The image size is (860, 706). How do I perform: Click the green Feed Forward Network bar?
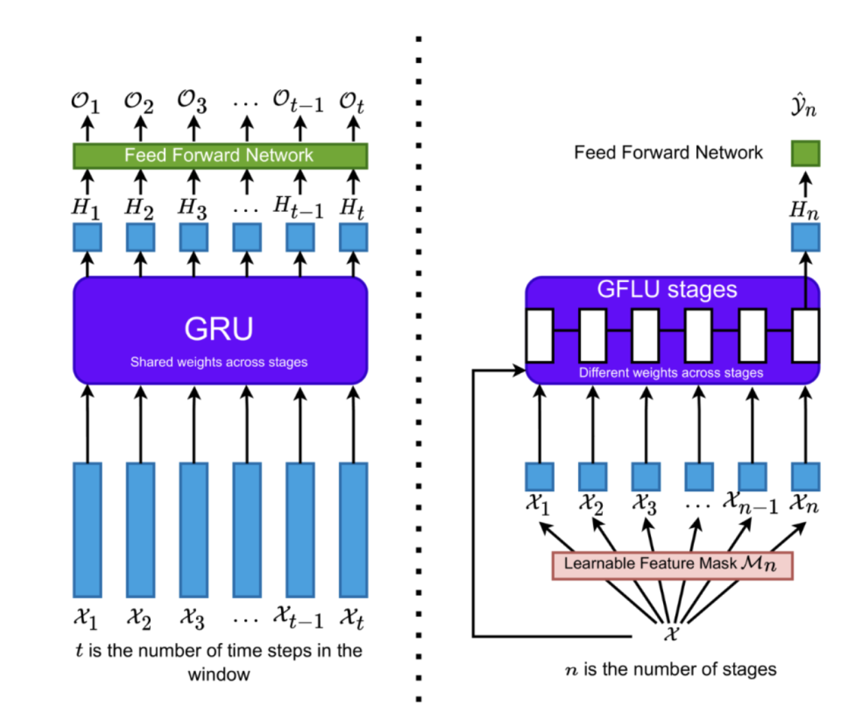click(220, 156)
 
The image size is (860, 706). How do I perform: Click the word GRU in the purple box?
click(219, 329)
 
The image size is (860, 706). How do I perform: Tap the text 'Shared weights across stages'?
click(219, 362)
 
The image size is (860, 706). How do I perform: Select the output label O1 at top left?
click(85, 102)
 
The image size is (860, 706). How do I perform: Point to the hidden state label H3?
click(193, 207)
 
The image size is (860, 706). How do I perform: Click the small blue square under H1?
click(87, 237)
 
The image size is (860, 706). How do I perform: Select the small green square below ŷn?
click(805, 154)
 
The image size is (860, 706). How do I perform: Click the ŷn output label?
click(804, 106)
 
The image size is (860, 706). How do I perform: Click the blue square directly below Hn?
click(805, 237)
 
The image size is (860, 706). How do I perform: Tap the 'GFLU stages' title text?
click(667, 290)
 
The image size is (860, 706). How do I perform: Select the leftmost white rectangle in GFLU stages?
click(540, 336)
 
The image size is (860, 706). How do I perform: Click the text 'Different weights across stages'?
click(671, 373)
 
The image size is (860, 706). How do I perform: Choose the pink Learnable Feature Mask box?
click(672, 565)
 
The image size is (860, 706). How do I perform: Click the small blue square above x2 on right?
click(593, 477)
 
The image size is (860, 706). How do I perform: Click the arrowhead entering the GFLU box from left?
click(519, 370)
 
